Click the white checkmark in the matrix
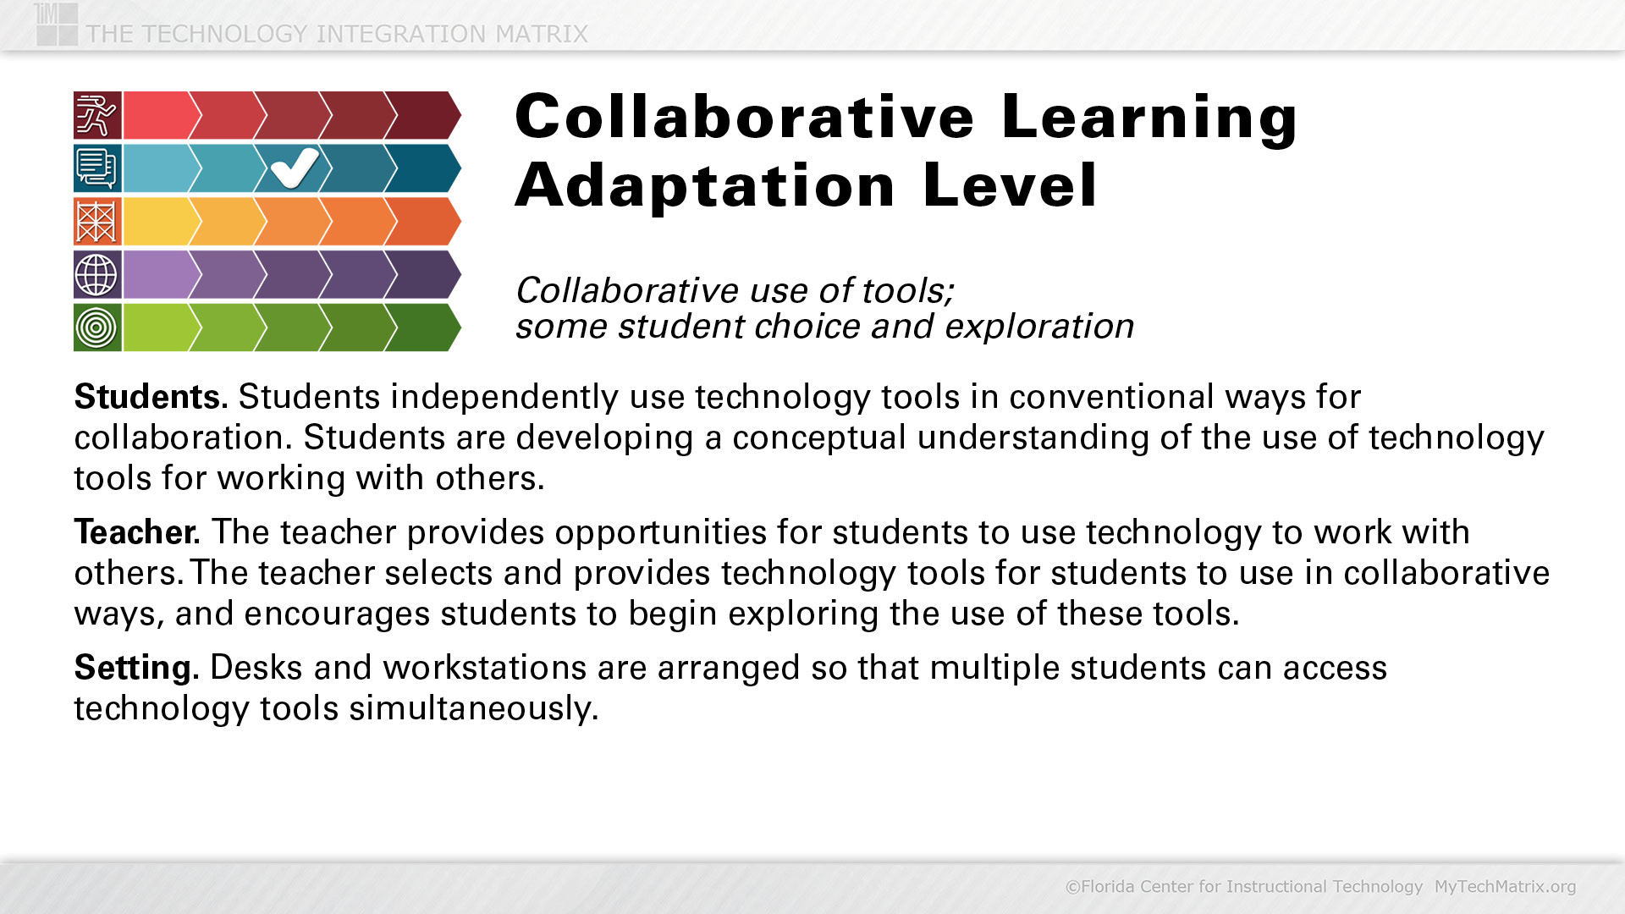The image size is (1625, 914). (x=295, y=168)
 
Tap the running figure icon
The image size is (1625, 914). (x=97, y=115)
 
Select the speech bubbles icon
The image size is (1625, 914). (x=97, y=168)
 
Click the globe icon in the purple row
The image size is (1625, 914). (x=97, y=274)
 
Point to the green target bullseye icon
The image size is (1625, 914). (x=97, y=328)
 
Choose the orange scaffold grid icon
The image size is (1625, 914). (x=97, y=222)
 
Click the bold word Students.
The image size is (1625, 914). (x=151, y=396)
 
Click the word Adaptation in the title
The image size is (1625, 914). (x=705, y=185)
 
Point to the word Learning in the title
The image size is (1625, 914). (x=1149, y=118)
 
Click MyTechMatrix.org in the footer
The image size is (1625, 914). (x=1505, y=886)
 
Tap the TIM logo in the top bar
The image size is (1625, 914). (x=57, y=24)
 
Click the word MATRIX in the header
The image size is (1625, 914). (x=542, y=34)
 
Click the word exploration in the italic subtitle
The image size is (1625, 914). (x=1039, y=327)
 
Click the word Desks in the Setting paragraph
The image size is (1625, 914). (x=256, y=668)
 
